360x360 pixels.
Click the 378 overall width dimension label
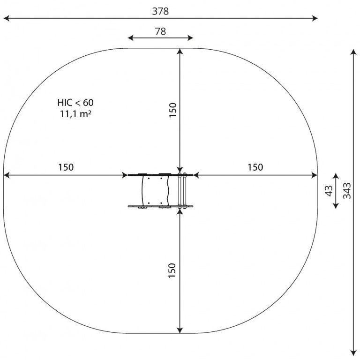point(160,11)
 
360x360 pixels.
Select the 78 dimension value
point(160,31)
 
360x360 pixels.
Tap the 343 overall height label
point(347,191)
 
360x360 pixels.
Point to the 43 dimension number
point(329,191)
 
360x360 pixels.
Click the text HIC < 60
point(75,103)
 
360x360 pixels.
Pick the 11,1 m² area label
point(75,114)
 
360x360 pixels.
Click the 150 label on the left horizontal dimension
point(66,167)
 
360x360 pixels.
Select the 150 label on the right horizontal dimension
point(255,167)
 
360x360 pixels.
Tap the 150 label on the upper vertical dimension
point(172,110)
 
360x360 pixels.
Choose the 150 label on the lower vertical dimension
point(172,270)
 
